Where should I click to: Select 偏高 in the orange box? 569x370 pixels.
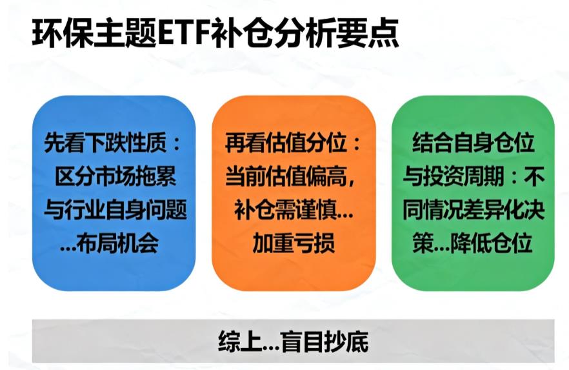(335, 176)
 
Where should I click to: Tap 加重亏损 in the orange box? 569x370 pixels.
(294, 243)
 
